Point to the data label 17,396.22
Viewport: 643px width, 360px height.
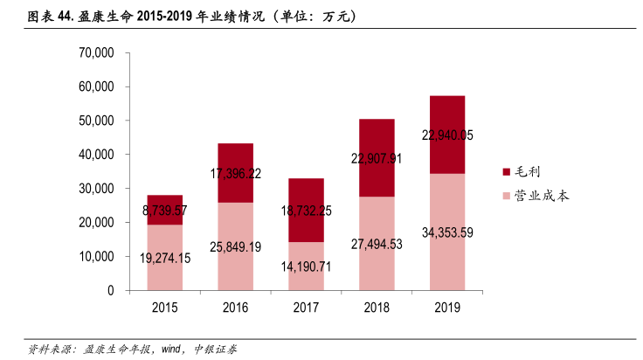tap(236, 174)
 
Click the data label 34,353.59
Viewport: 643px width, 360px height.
tap(447, 232)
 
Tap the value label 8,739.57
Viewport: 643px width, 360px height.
tap(165, 211)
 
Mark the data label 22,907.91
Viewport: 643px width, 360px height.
tap(377, 159)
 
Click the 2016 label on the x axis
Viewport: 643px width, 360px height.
tap(236, 307)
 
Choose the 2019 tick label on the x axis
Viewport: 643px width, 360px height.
tap(447, 307)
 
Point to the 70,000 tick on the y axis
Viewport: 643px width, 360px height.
tap(96, 52)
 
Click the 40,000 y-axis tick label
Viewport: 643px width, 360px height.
tap(96, 155)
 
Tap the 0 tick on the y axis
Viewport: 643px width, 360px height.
tap(111, 290)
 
